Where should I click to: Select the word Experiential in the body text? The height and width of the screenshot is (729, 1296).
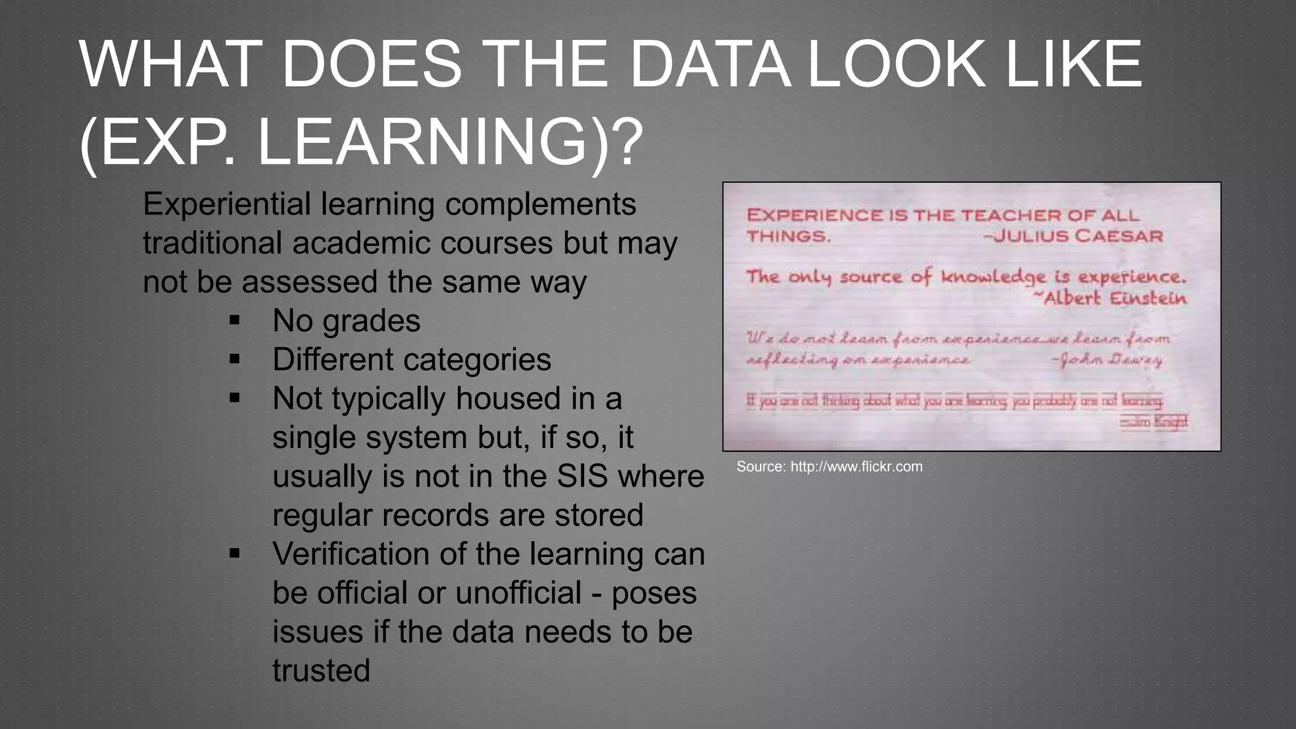(x=227, y=205)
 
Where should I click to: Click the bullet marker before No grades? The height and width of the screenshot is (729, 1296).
(x=235, y=321)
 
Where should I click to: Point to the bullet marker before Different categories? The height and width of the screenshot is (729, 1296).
(x=235, y=359)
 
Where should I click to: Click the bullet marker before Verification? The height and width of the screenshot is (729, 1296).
(x=235, y=554)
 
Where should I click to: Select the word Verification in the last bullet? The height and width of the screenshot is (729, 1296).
(x=351, y=554)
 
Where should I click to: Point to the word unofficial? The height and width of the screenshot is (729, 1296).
(x=518, y=593)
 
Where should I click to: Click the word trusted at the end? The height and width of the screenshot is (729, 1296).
(x=321, y=671)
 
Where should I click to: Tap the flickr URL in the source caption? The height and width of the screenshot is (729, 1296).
(x=856, y=467)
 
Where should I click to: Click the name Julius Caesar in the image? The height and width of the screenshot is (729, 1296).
(x=1078, y=237)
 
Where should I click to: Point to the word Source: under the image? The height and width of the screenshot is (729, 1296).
(x=761, y=467)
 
